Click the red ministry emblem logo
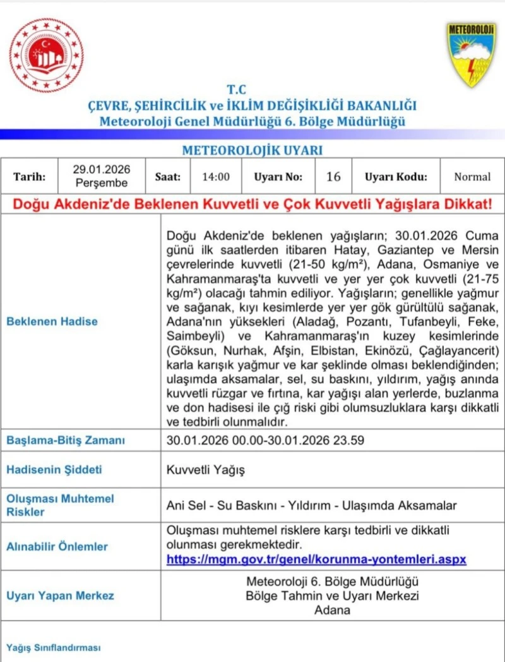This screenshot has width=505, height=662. pos(47,55)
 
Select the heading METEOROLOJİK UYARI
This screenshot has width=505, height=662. pos(252,150)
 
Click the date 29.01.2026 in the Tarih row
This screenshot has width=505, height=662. pos(102,169)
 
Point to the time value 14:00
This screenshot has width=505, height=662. pos(216,177)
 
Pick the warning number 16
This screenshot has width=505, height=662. pos(333,177)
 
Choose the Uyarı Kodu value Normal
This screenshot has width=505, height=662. pos(472,177)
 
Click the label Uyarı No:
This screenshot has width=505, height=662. pos(278,177)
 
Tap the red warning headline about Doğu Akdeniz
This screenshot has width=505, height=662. pos(252,205)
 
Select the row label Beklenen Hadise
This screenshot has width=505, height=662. pos(52,321)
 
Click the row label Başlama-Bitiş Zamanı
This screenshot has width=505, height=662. pos(65,440)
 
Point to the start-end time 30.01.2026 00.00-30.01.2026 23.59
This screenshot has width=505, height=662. pos(265,440)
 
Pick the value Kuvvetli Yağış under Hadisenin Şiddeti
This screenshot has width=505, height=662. pos(205,470)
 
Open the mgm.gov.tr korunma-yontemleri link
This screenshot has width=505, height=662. pos(316,560)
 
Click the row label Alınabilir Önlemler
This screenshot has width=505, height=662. pos(57,546)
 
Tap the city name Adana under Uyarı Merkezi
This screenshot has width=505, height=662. pos(332,610)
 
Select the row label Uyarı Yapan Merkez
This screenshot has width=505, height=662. pos(60,596)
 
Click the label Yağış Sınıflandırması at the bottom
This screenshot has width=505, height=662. pos(53,647)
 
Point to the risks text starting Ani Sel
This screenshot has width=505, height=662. pos(311,505)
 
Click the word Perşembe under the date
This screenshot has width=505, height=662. pos(102,183)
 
